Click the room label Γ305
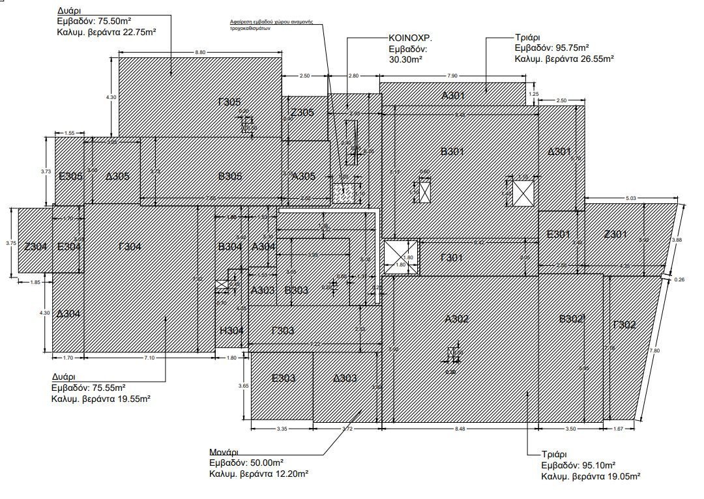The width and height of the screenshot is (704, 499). click(x=229, y=102)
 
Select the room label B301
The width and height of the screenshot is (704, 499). click(x=452, y=152)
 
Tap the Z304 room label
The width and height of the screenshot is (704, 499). click(x=35, y=246)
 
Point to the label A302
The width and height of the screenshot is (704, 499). click(x=457, y=319)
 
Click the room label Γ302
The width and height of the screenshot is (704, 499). click(x=624, y=324)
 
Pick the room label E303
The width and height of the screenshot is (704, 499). click(x=284, y=378)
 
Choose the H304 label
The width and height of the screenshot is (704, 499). click(x=231, y=331)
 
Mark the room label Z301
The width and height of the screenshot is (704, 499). click(x=615, y=235)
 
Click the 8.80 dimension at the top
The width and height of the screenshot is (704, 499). click(x=200, y=52)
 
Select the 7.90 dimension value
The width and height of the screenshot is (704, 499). click(x=452, y=76)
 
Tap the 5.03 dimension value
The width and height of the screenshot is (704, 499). click(x=631, y=198)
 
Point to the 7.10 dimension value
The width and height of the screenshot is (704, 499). click(x=150, y=358)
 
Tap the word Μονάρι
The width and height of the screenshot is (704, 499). click(x=224, y=452)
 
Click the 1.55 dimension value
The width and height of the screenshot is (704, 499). click(x=70, y=133)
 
